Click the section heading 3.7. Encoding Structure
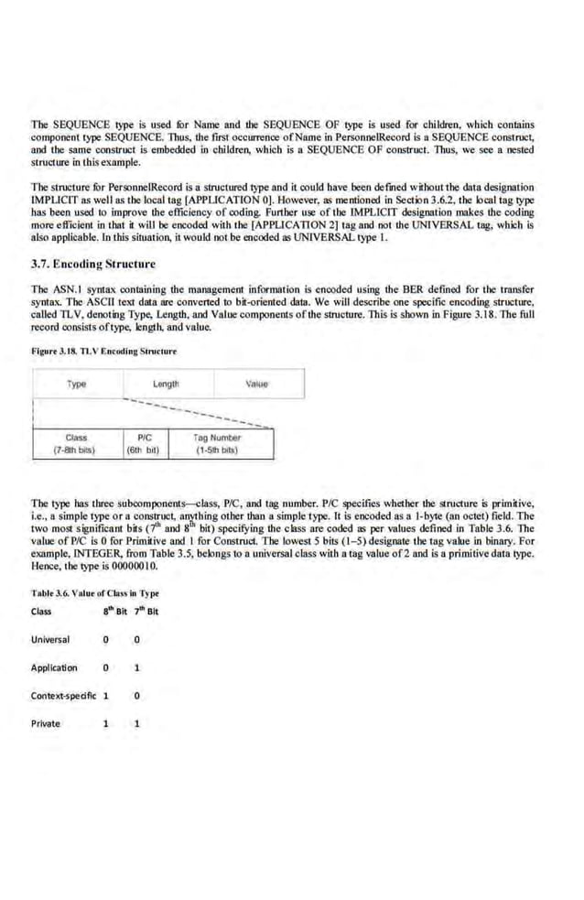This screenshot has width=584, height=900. (93, 265)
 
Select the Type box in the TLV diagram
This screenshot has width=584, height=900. (77, 385)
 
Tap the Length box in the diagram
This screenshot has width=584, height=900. (167, 385)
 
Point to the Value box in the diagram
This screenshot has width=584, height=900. (257, 385)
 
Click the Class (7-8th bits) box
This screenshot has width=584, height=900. (77, 444)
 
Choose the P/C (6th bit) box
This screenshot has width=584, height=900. (144, 444)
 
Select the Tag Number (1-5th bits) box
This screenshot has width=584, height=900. (217, 444)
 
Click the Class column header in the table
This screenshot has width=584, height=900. (41, 611)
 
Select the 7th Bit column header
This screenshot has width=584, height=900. (144, 611)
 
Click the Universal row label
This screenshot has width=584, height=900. (50, 639)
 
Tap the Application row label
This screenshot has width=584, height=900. (54, 667)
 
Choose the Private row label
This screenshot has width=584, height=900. (46, 723)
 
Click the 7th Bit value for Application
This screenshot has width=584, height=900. (136, 667)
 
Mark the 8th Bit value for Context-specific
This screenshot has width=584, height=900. (107, 695)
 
